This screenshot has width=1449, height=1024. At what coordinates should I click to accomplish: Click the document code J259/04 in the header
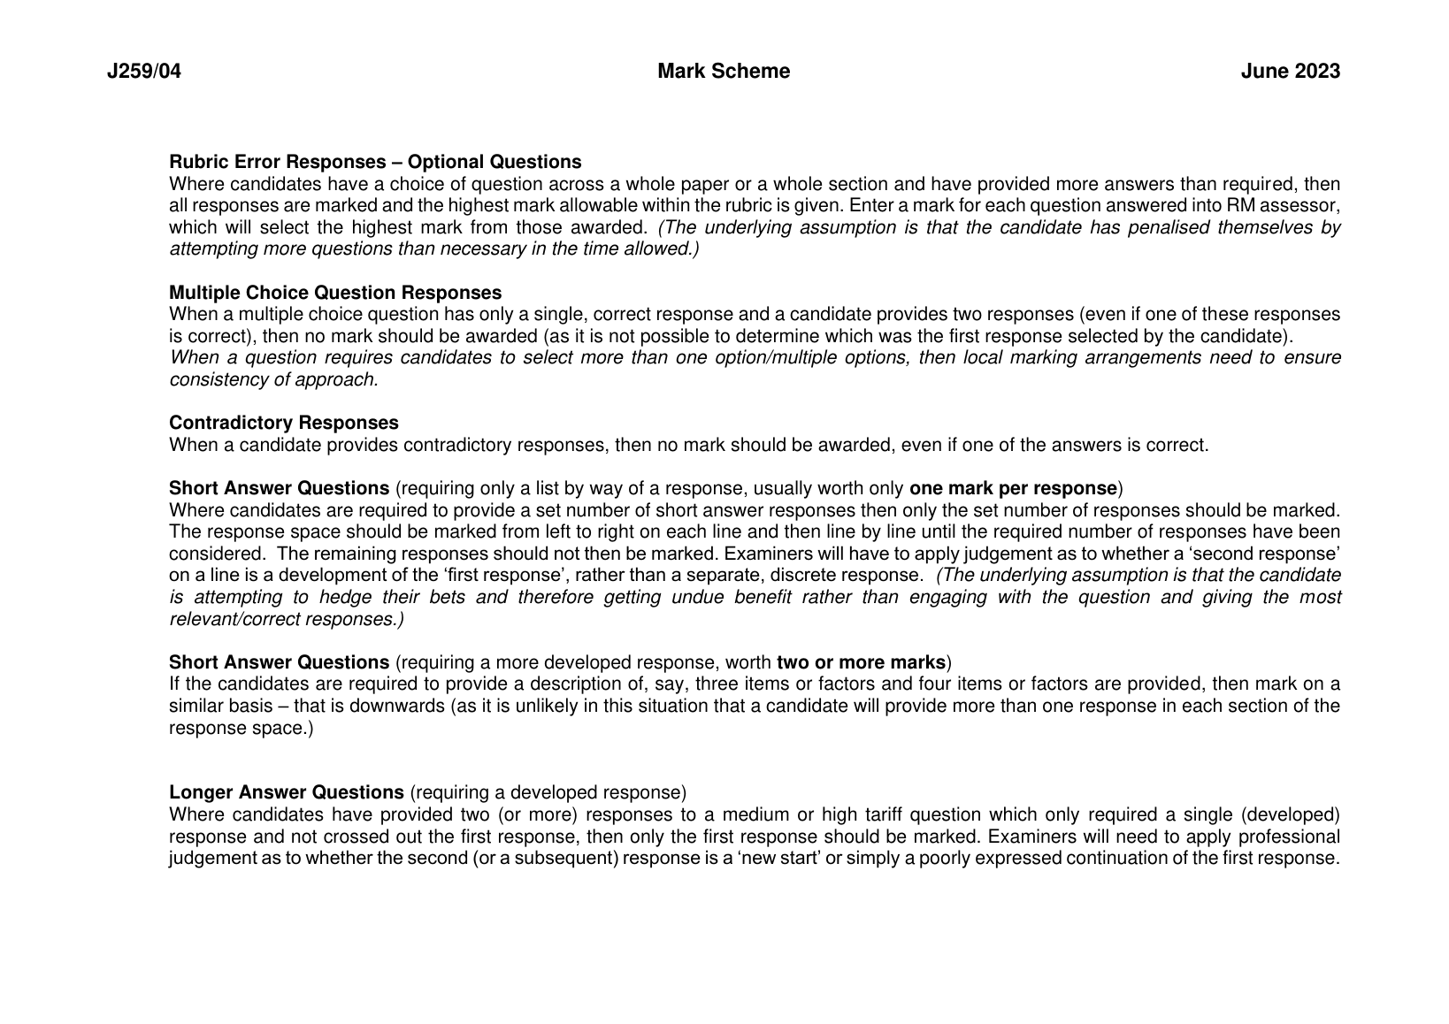(143, 72)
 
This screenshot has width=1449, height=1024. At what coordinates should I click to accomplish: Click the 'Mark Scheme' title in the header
(724, 72)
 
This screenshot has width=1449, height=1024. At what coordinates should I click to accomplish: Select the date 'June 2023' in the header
(1290, 72)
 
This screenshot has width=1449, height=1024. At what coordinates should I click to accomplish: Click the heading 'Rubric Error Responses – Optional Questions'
(375, 162)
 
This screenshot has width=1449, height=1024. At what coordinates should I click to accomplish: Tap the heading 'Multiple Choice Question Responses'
(335, 293)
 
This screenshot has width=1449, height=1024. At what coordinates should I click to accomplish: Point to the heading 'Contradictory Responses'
(284, 423)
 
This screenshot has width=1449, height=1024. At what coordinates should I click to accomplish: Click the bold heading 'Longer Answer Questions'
(287, 792)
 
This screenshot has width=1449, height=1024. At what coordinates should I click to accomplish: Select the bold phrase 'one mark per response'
(1013, 488)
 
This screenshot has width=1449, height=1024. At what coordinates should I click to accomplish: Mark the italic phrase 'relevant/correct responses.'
(287, 619)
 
